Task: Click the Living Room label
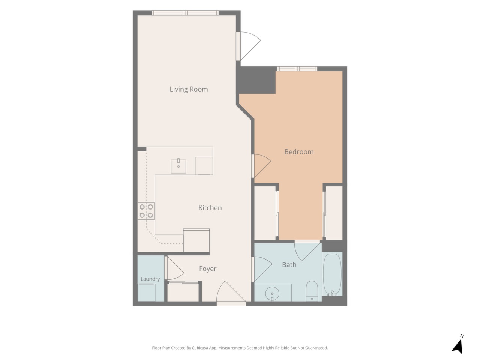point(189,89)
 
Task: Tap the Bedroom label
point(299,152)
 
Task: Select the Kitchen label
point(210,208)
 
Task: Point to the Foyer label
point(207,268)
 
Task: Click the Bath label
point(289,264)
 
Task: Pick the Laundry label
point(150,279)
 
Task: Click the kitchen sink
point(178,166)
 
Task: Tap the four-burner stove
point(146,211)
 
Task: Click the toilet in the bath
point(311,291)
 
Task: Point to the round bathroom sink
point(272,293)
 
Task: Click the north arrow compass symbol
point(458,346)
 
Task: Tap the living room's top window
point(185,13)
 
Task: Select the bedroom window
point(297,69)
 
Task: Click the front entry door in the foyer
point(231,293)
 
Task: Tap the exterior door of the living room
point(248,46)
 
